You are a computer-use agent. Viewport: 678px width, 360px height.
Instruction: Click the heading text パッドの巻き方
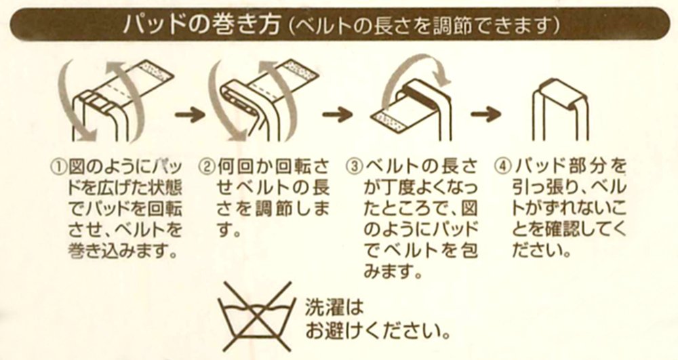coord(201,24)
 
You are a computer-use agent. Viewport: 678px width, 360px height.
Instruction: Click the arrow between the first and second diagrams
coord(189,115)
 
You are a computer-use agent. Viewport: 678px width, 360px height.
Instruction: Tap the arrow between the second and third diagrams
coord(337,115)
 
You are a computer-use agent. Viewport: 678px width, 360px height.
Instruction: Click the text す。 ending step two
coord(228,230)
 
